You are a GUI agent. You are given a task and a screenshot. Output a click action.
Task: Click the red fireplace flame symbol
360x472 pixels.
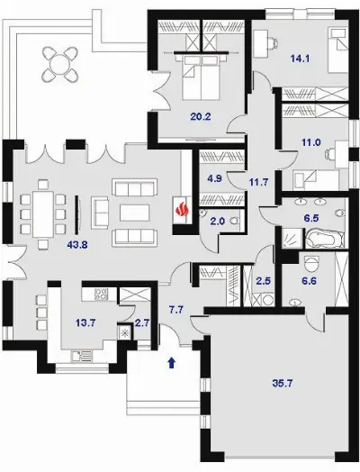pos(182,210)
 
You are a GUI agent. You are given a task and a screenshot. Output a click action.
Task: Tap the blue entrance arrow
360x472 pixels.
pos(172,362)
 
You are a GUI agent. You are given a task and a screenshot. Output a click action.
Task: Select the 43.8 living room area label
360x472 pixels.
pos(77,245)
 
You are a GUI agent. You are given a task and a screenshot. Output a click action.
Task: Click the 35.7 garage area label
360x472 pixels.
pos(283,384)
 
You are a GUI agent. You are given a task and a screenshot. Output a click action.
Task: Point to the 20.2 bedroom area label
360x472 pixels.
pos(201,116)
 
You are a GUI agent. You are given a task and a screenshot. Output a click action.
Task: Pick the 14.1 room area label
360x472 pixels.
pos(300,59)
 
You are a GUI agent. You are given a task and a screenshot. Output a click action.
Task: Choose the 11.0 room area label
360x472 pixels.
pos(311,142)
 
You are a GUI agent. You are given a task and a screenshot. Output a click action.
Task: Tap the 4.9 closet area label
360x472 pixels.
pos(215,178)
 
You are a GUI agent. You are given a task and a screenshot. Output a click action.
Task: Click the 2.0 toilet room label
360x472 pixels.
pos(218,222)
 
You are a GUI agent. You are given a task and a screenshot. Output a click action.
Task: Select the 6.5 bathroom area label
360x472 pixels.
pos(311,218)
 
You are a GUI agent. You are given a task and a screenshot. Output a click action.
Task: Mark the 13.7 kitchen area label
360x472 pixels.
pos(85,323)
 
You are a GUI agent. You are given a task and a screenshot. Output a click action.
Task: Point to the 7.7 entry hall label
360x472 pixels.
pos(175,310)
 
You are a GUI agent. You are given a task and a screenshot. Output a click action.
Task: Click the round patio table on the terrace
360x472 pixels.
pos(59,64)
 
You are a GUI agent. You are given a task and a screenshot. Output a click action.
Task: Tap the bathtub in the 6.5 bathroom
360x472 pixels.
pos(325,239)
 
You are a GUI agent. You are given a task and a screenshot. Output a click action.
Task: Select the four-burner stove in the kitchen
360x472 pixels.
pos(102,295)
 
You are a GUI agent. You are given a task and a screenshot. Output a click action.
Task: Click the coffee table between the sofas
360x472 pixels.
pos(134,213)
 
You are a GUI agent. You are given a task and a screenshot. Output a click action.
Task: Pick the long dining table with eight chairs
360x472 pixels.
pos(43,214)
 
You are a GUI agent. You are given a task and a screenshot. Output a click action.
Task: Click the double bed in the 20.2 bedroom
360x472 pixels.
pos(201,77)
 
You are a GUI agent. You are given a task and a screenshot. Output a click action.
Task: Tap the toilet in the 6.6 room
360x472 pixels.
pos(310,264)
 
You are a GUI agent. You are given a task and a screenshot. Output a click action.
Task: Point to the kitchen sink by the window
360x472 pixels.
pos(82,356)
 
